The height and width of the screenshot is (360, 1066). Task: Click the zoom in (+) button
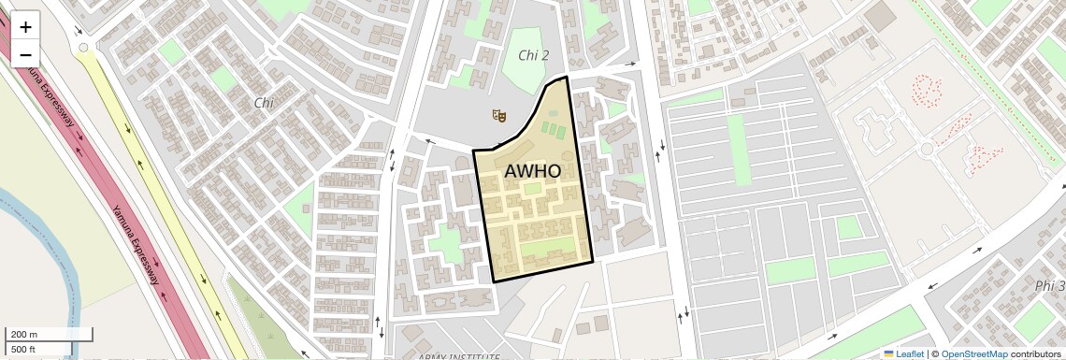coord(25,27)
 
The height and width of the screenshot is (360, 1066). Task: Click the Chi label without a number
coord(263,102)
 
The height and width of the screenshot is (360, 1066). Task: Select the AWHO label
coord(532,172)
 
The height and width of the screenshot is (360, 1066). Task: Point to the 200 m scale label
coord(24,335)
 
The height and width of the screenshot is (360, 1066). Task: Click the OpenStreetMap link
coord(973,353)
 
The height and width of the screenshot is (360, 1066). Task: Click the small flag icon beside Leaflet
coord(889,353)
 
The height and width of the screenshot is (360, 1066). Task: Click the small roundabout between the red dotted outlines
coord(927,150)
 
